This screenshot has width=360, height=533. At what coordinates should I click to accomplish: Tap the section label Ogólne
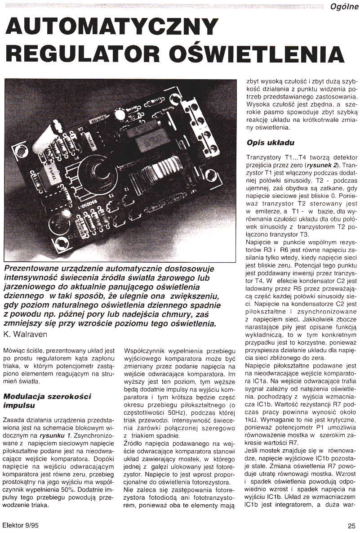click(343, 6)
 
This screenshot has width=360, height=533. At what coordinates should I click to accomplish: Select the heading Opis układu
click(270, 143)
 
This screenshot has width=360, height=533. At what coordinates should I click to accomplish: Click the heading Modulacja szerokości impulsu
click(47, 400)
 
